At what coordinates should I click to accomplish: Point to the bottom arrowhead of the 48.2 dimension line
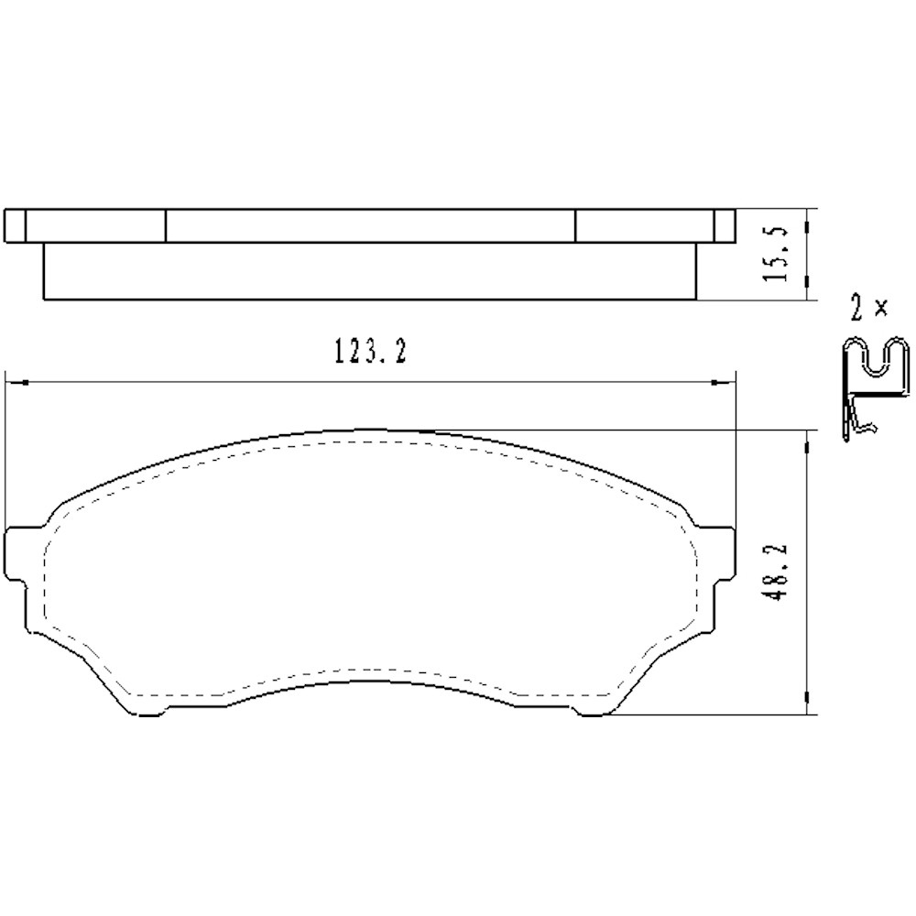(805, 704)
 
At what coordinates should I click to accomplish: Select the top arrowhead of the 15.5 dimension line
(805, 220)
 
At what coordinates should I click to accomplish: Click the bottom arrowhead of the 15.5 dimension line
(805, 291)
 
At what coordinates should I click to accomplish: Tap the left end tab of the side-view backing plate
(16, 225)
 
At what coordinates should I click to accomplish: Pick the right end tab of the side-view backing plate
(725, 225)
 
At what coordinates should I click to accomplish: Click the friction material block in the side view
(370, 271)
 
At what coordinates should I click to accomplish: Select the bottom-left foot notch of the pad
(151, 714)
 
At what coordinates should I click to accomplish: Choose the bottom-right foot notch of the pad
(591, 714)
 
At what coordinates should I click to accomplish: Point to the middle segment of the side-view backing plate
(370, 225)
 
